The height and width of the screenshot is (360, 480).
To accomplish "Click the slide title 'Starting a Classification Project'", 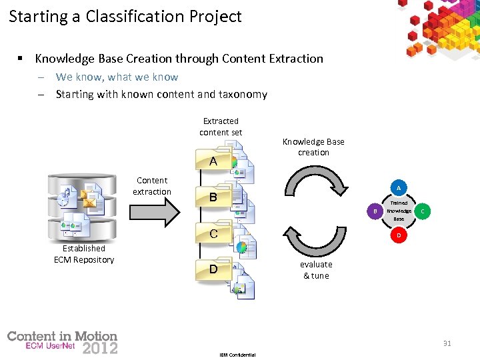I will (125, 17).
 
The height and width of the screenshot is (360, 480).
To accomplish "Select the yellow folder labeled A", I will (213, 161).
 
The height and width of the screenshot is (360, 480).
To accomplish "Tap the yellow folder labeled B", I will (213, 197).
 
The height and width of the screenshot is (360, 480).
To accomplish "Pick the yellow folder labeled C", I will (213, 233).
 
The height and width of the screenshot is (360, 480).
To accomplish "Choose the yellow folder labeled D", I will (213, 269).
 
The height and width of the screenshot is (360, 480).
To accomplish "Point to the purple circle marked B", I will (375, 211).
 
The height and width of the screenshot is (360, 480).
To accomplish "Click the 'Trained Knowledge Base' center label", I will (399, 211).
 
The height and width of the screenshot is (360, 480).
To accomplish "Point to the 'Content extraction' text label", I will (152, 186).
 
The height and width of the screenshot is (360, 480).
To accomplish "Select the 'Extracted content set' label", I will (221, 127).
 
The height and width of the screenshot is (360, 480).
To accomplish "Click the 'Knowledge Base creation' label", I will (313, 147).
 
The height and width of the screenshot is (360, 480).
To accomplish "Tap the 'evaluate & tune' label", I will (316, 269).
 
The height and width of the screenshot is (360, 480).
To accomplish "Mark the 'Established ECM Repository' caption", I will (84, 254).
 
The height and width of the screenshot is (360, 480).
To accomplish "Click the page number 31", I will (447, 343).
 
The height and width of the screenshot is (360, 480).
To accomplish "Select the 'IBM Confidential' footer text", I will (237, 355).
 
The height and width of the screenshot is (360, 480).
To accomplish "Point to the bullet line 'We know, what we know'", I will (117, 77).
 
